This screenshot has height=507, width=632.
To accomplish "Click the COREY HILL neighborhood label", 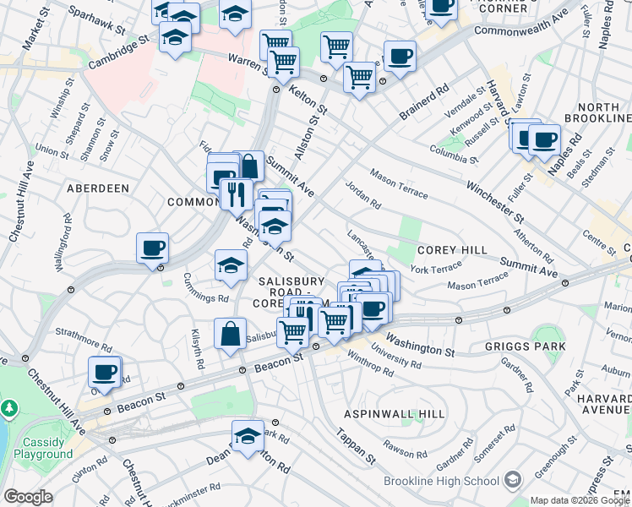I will (451, 250).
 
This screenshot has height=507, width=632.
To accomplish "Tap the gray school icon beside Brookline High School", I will (512, 481).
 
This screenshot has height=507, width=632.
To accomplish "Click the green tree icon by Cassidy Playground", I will (10, 408).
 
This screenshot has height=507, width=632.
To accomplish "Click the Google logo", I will (27, 497).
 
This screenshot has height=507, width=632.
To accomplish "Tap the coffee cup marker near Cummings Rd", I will (153, 248).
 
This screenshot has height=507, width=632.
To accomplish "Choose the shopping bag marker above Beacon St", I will (230, 334).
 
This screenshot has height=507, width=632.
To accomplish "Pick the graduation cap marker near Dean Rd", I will (248, 436).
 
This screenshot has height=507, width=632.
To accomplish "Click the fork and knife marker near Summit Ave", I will (237, 194).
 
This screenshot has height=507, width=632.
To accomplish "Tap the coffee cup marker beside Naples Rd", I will (543, 138).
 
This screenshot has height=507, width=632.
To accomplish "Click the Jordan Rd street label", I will (363, 194).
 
